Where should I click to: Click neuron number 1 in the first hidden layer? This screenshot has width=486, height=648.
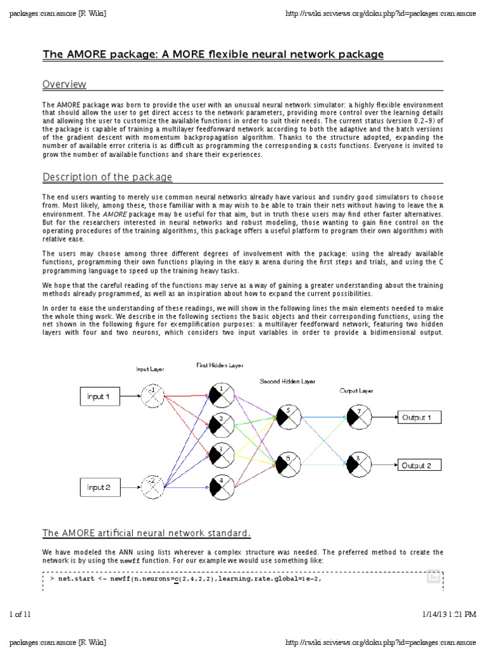coord(222,394)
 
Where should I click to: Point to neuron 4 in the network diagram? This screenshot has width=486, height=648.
coord(222,486)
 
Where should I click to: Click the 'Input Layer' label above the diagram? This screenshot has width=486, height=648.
coord(151,369)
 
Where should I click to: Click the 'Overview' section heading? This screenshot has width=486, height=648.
coord(64,84)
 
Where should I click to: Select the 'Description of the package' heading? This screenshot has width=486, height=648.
coord(107,177)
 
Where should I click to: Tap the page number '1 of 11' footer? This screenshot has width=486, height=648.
coord(23,614)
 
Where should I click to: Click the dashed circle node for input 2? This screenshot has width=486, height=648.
coord(151,486)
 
